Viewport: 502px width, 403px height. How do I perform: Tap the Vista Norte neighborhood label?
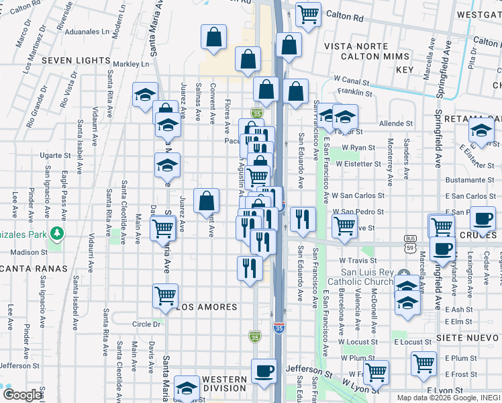(356, 46)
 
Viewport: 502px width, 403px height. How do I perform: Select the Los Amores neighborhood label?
(207, 307)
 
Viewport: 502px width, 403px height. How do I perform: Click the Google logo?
(22, 395)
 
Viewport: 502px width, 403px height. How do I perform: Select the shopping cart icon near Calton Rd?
(308, 13)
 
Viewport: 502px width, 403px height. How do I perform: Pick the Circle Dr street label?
(146, 324)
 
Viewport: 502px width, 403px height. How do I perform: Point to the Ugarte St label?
(55, 155)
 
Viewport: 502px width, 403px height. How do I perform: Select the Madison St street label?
(30, 253)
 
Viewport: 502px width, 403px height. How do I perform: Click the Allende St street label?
(396, 124)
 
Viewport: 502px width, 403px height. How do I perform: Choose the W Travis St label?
(356, 260)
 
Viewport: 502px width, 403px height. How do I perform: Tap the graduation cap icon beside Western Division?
(187, 387)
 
